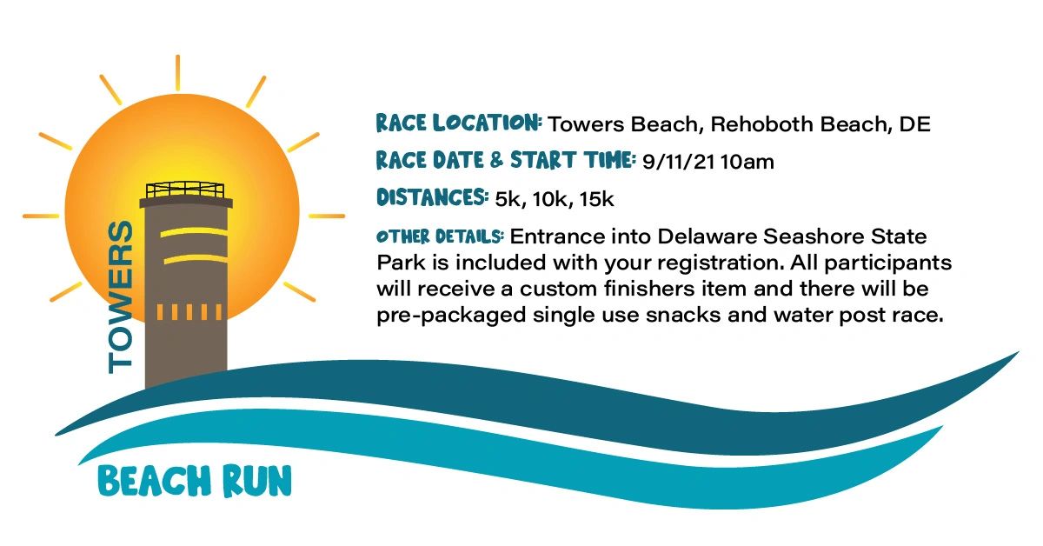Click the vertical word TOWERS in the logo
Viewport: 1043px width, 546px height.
121,296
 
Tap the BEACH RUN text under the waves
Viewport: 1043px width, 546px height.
195,481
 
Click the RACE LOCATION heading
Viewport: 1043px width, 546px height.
459,123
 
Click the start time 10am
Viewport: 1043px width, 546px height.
747,162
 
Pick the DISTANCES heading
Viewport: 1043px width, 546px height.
432,197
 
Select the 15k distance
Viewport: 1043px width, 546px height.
596,199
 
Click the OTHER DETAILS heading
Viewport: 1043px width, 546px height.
440,236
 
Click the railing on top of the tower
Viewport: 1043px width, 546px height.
185,190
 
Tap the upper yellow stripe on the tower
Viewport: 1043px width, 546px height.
194,232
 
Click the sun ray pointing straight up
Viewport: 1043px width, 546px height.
178,73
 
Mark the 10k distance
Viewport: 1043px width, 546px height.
552,199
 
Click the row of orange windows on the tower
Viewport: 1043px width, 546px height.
189,312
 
